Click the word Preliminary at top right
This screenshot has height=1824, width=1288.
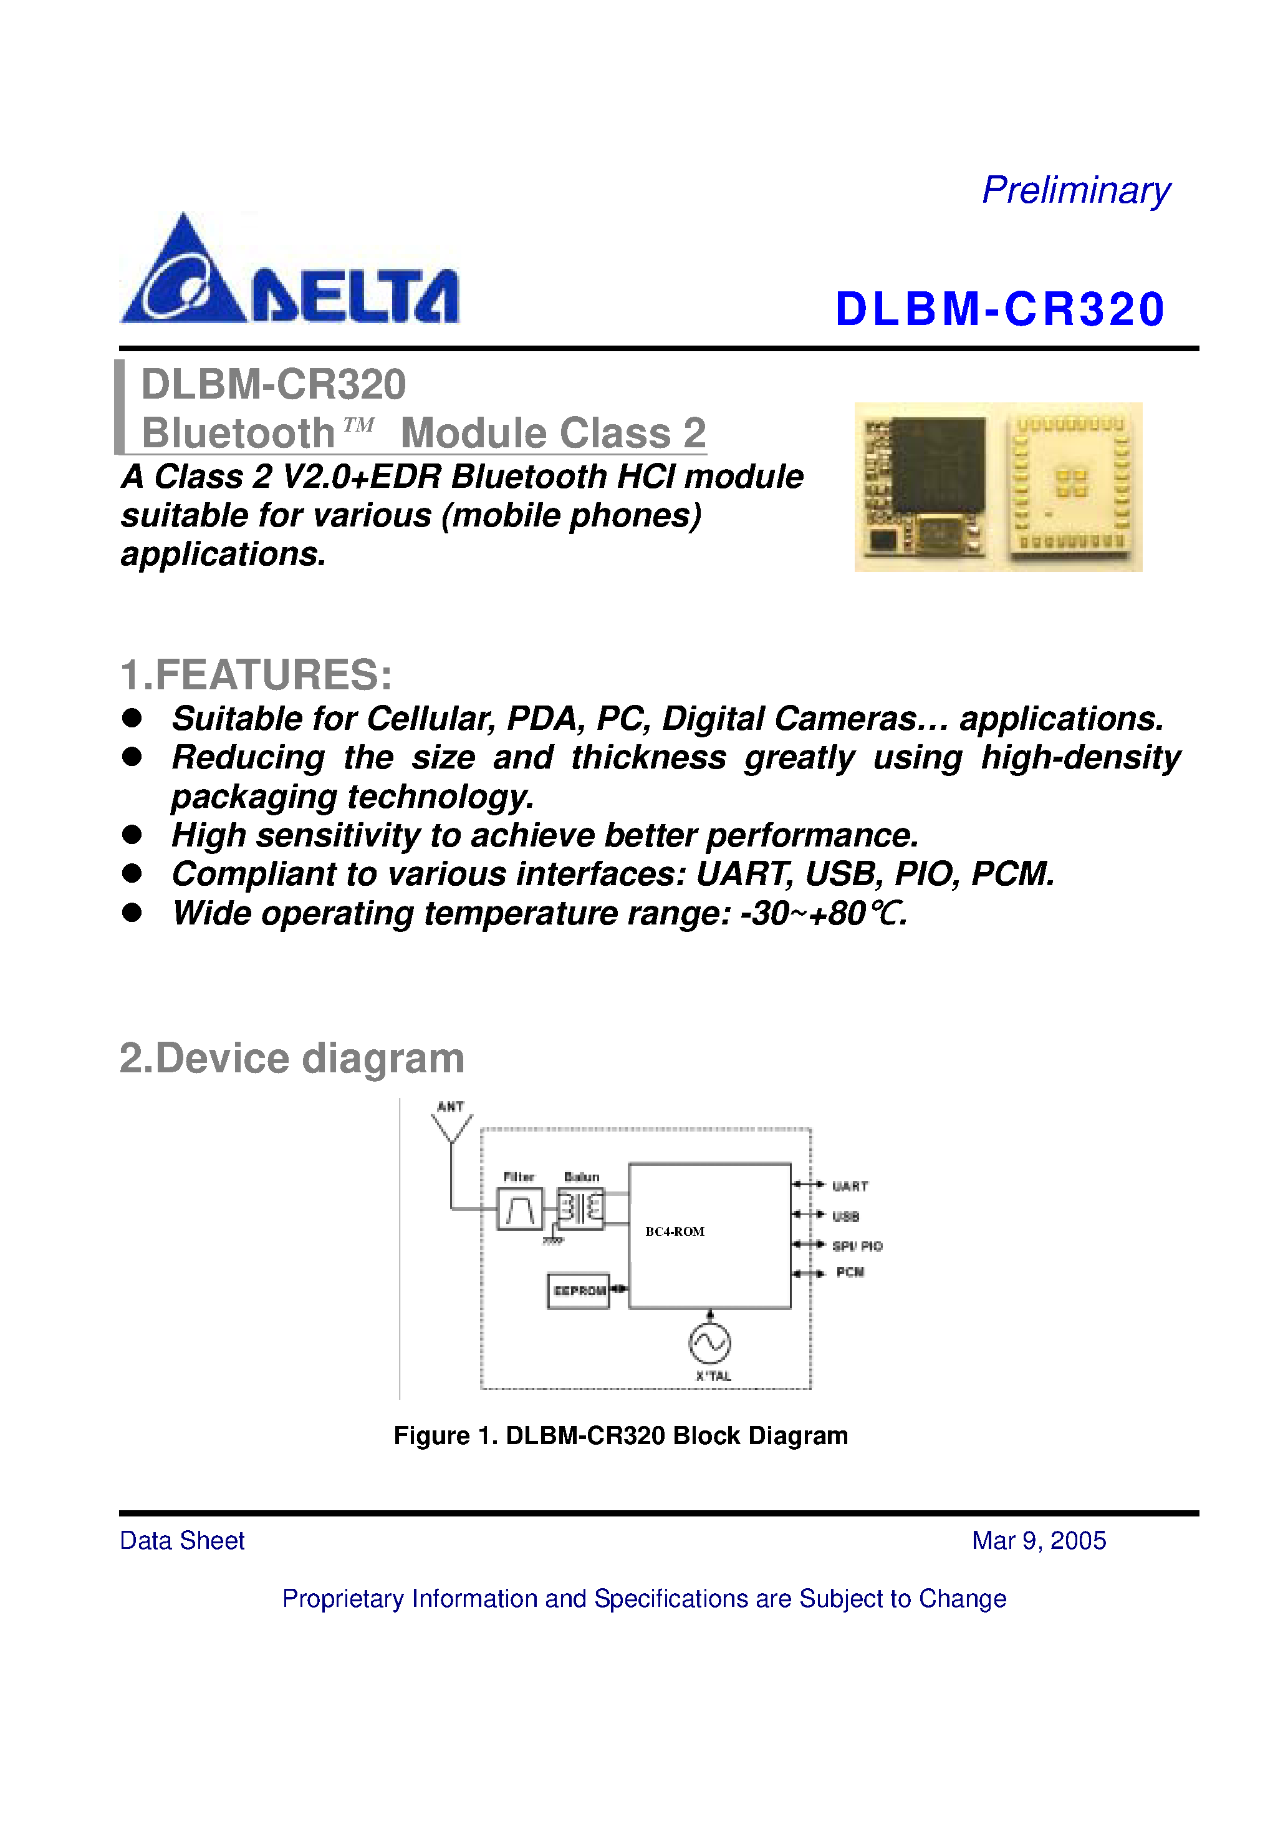[x=1075, y=191]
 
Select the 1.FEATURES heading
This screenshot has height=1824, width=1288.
[x=256, y=674]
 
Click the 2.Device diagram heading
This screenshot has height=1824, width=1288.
[x=291, y=1058]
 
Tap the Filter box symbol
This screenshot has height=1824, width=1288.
[x=519, y=1209]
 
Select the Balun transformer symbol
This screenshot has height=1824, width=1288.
[x=580, y=1209]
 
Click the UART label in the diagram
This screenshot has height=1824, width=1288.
[x=850, y=1186]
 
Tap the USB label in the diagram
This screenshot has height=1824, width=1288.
[x=846, y=1216]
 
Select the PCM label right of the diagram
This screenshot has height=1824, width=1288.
[x=850, y=1273]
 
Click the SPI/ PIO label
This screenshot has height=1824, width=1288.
[x=857, y=1246]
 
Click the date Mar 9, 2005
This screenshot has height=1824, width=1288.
[x=1038, y=1540]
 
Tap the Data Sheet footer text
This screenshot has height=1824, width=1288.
[x=182, y=1540]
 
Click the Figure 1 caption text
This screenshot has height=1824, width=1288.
[x=620, y=1435]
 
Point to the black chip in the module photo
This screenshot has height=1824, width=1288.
[x=938, y=465]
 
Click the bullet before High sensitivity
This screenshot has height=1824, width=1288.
[x=132, y=835]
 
